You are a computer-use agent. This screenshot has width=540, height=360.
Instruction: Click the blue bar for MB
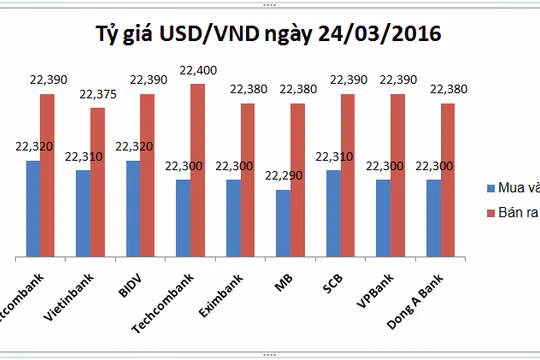[x=283, y=221]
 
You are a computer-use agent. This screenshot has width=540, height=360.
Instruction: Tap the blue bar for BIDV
[x=133, y=206]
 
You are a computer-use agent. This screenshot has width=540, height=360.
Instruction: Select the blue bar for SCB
[x=333, y=211]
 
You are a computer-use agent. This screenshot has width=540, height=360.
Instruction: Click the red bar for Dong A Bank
[x=447, y=178]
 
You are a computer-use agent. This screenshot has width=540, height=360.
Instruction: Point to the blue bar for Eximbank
[x=233, y=216]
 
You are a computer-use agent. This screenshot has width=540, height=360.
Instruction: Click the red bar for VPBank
[x=397, y=173]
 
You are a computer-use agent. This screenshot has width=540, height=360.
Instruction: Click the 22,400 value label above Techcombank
[x=197, y=69]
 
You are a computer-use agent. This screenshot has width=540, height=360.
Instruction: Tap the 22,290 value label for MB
[x=283, y=176]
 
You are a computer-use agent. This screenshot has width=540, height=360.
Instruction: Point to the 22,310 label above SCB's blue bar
[x=334, y=157]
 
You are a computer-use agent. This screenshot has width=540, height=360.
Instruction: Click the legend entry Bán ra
[x=511, y=214]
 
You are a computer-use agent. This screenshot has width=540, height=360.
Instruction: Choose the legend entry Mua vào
[x=511, y=188]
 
